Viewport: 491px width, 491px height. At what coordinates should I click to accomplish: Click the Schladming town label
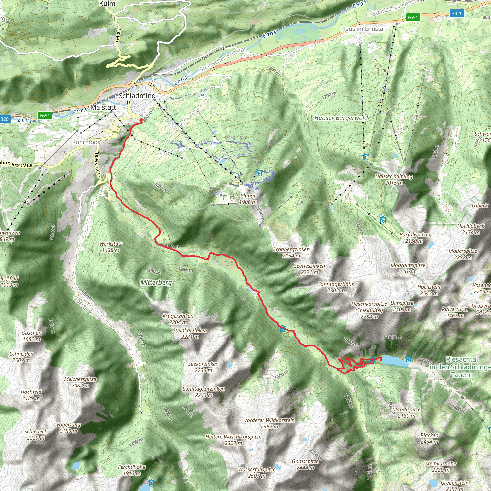pos(137,96)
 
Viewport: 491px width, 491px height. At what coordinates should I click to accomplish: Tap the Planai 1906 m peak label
pos(248,199)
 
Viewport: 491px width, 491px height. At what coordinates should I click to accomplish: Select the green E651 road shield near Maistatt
pos(45,116)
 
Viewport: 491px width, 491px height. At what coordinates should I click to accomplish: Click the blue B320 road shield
pos(457,13)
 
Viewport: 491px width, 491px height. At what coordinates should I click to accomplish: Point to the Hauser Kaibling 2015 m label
pos(394,179)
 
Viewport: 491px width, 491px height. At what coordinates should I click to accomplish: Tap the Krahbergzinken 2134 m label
pos(291,252)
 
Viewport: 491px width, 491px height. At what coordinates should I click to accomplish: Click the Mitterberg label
pos(156,282)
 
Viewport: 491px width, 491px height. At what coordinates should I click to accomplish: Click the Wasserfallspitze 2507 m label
pos(257,473)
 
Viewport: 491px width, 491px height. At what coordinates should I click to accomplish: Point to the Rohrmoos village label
pos(86,142)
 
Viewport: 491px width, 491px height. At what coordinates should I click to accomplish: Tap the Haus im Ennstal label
pos(363,29)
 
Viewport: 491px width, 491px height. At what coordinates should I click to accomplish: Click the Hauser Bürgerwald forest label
pos(341,118)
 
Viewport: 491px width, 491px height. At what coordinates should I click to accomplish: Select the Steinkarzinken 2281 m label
pos(190,334)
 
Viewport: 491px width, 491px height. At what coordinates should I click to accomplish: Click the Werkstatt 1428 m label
pos(111,247)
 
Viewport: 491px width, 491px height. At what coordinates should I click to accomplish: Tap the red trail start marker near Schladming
pos(141,120)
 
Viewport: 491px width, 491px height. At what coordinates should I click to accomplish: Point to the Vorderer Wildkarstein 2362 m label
pos(269,423)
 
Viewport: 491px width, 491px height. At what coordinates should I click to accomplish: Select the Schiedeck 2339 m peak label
pos(36,435)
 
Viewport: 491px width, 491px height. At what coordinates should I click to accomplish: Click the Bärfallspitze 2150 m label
pos(414,238)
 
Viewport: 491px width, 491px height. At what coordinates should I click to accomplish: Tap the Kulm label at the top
pos(107,4)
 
